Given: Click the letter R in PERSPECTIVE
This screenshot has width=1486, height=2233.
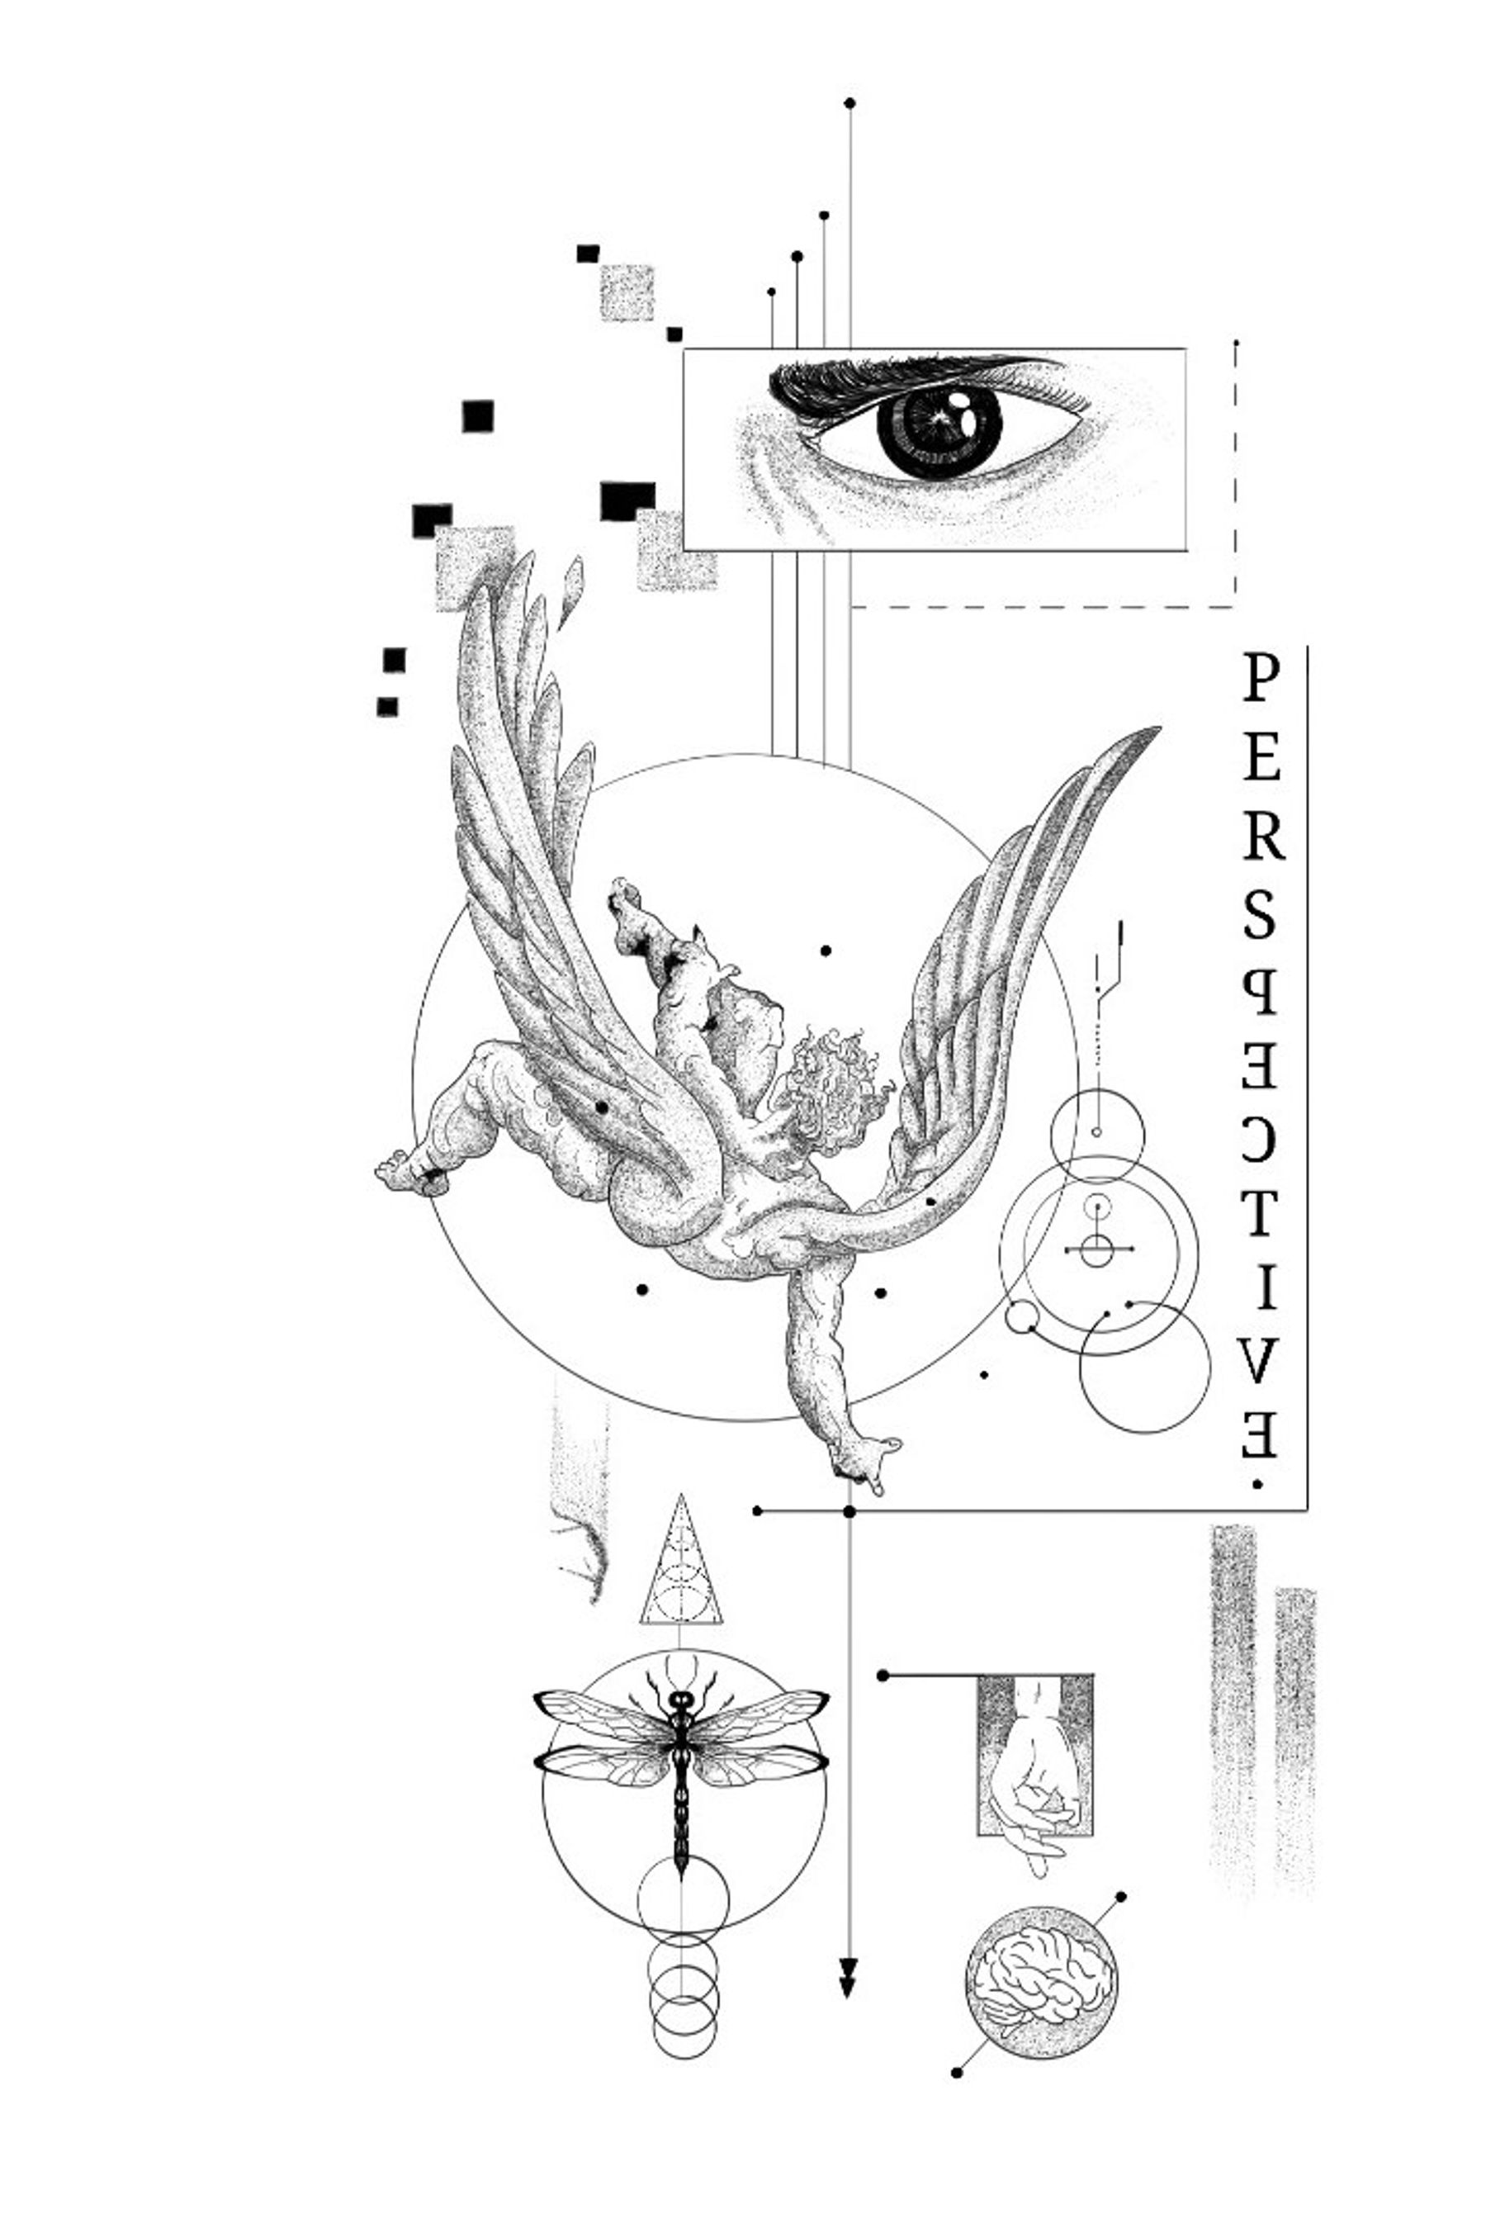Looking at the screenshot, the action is (1262, 837).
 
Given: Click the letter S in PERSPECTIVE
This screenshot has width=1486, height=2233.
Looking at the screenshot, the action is (1260, 917).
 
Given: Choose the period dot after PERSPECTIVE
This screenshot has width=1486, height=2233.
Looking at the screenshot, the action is (1257, 1485).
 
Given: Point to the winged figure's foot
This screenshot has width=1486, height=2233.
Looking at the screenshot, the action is (409, 1173).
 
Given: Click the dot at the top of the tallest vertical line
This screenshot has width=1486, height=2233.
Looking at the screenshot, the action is (849, 102).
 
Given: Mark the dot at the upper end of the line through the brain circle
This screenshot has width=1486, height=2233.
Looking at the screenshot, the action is (1121, 1897).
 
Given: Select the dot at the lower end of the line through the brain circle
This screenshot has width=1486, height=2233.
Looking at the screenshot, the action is (956, 2073).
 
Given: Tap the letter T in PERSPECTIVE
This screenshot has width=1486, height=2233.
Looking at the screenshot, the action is (1260, 1213).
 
